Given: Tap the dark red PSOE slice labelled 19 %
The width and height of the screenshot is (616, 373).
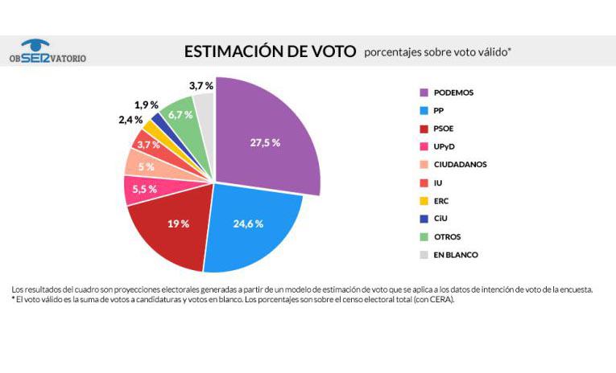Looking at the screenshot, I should point(178,223).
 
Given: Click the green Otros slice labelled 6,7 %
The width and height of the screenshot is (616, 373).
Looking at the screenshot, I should point(180,114).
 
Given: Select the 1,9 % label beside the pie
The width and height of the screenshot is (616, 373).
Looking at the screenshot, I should point(146,105).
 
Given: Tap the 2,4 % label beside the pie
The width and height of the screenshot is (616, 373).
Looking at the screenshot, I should point(130,121).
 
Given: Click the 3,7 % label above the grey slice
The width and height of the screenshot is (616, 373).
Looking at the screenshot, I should point(201,85).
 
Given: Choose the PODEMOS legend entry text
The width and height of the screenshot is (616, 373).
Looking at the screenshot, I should point(453,92).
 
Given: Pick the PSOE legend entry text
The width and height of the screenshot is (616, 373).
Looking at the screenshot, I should point(444,129).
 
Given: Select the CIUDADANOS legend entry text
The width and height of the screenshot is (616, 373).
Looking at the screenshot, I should point(460,164).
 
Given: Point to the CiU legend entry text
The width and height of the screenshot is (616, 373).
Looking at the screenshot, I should point(441,219).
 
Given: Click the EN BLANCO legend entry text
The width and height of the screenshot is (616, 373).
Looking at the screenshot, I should point(457,255).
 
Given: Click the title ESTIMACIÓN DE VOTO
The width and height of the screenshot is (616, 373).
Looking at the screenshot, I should point(270,51).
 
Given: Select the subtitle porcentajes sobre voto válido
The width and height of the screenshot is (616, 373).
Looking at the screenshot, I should point(437,53).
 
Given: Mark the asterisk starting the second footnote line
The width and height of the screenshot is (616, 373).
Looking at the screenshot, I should point(14,300).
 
